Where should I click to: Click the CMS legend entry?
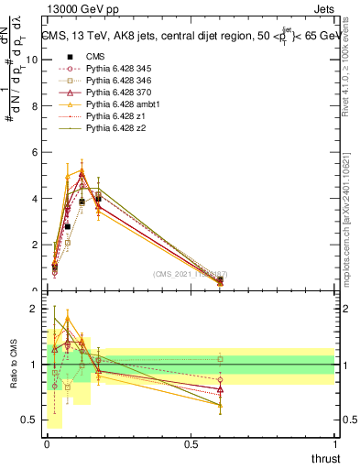click(96, 56)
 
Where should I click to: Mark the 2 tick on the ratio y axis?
click(34, 309)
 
